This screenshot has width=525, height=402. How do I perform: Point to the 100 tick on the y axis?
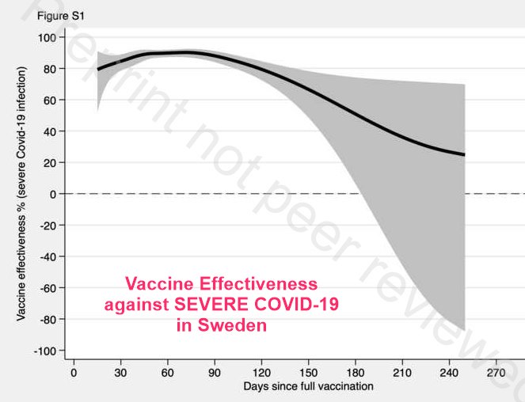coord(48,37)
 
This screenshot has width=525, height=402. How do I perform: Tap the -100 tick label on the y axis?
coord(46,351)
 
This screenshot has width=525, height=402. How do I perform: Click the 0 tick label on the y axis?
coord(54,194)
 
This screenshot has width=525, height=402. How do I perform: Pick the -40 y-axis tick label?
coord(48,256)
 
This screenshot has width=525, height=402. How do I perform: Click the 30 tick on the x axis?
coord(120,371)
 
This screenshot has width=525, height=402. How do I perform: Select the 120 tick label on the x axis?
coord(261,371)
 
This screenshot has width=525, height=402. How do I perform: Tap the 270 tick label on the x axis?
coord(496,371)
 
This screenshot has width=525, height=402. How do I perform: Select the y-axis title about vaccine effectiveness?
coord(22,194)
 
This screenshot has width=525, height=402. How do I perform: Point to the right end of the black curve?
coord(464,154)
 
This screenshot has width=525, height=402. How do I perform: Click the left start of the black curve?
coord(97,70)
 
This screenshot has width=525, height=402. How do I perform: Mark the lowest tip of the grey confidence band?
coord(463,329)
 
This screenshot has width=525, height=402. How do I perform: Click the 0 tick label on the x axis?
coord(74,371)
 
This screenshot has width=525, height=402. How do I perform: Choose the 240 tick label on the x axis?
coord(449,371)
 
